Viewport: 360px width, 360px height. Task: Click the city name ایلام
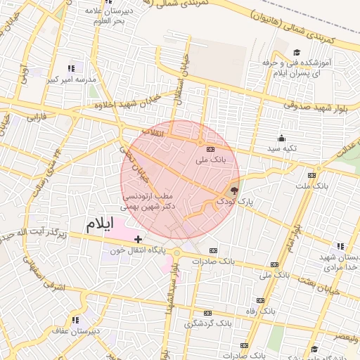(99, 225)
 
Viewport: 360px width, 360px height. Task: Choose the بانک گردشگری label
(207, 323)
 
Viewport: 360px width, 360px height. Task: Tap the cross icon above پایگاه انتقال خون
(138, 240)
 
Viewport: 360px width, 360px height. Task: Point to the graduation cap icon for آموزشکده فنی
(297, 53)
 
